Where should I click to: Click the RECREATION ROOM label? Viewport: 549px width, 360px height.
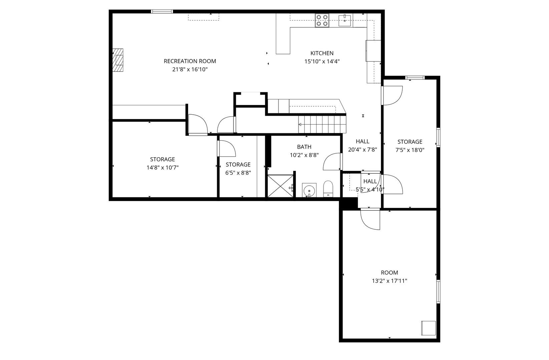pyautogui.click(x=190, y=61)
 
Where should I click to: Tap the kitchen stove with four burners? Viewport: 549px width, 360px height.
pyautogui.click(x=322, y=20)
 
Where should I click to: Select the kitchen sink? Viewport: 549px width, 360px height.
pyautogui.click(x=345, y=20)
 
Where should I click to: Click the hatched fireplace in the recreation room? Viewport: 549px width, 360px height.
pyautogui.click(x=118, y=60)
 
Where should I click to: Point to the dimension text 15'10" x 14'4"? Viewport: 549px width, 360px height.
pyautogui.click(x=322, y=61)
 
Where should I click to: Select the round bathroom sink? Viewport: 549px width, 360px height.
pyautogui.click(x=309, y=190)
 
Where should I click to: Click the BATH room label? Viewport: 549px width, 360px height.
pyautogui.click(x=304, y=147)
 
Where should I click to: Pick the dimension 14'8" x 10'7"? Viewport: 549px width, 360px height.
pyautogui.click(x=162, y=168)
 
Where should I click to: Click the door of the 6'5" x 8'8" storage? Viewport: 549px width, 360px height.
pyautogui.click(x=226, y=149)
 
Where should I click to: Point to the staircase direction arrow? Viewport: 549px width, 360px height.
pyautogui.click(x=300, y=125)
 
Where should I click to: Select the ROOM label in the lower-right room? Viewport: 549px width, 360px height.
pyautogui.click(x=389, y=273)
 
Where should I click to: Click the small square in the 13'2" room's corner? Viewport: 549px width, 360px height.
pyautogui.click(x=428, y=328)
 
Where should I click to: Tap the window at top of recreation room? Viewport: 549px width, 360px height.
pyautogui.click(x=162, y=12)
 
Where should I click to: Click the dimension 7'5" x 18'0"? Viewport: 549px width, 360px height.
pyautogui.click(x=410, y=150)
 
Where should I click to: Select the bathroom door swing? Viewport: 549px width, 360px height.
pyautogui.click(x=333, y=161)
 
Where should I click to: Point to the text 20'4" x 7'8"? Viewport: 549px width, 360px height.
pyautogui.click(x=362, y=150)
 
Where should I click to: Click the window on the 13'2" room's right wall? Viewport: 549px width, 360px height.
pyautogui.click(x=438, y=291)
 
